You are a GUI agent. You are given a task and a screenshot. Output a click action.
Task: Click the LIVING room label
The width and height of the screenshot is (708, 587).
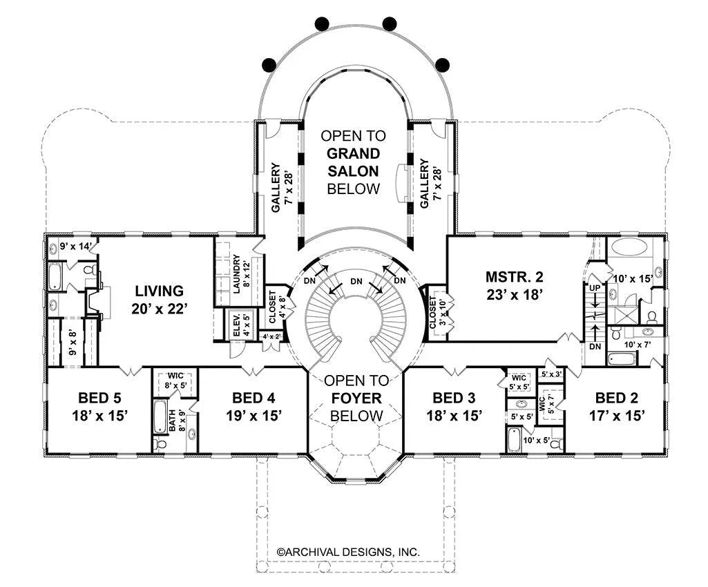(x=160, y=291)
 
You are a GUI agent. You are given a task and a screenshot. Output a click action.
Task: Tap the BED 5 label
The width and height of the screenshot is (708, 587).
(x=99, y=398)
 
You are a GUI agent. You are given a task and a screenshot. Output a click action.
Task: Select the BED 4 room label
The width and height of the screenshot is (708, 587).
(x=253, y=398)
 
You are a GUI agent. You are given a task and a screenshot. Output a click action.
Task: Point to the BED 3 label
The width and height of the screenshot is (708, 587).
(x=455, y=398)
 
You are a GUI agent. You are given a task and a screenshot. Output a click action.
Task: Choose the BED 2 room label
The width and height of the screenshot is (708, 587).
(x=617, y=398)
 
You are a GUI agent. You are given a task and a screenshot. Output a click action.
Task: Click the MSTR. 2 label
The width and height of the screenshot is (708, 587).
(x=515, y=276)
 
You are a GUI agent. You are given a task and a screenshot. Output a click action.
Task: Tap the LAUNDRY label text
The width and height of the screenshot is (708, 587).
(x=236, y=274)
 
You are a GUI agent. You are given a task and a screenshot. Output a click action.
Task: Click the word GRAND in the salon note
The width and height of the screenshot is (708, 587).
(x=354, y=153)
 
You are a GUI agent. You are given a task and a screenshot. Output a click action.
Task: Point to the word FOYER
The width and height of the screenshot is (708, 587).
(x=356, y=398)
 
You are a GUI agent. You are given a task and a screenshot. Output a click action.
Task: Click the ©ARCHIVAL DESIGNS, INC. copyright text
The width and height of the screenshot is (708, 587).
(x=348, y=552)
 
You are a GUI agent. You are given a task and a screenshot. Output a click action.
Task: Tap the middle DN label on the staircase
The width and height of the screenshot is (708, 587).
(x=356, y=282)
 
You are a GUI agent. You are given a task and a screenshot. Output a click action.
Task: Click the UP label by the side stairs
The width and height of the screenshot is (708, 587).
(x=595, y=288)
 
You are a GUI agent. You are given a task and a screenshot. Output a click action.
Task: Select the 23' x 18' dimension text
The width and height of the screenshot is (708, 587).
(x=515, y=294)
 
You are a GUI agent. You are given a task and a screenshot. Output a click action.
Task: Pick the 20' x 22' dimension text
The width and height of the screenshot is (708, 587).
(x=160, y=309)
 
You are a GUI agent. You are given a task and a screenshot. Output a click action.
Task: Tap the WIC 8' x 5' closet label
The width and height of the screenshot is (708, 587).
(x=175, y=381)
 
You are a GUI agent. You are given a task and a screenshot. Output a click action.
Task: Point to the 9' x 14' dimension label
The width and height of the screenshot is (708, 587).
(x=76, y=247)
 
